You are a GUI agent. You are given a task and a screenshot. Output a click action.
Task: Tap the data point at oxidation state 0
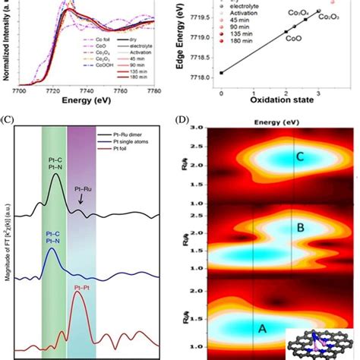(221, 73)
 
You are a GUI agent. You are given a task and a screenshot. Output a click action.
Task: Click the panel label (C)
(7, 118)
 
